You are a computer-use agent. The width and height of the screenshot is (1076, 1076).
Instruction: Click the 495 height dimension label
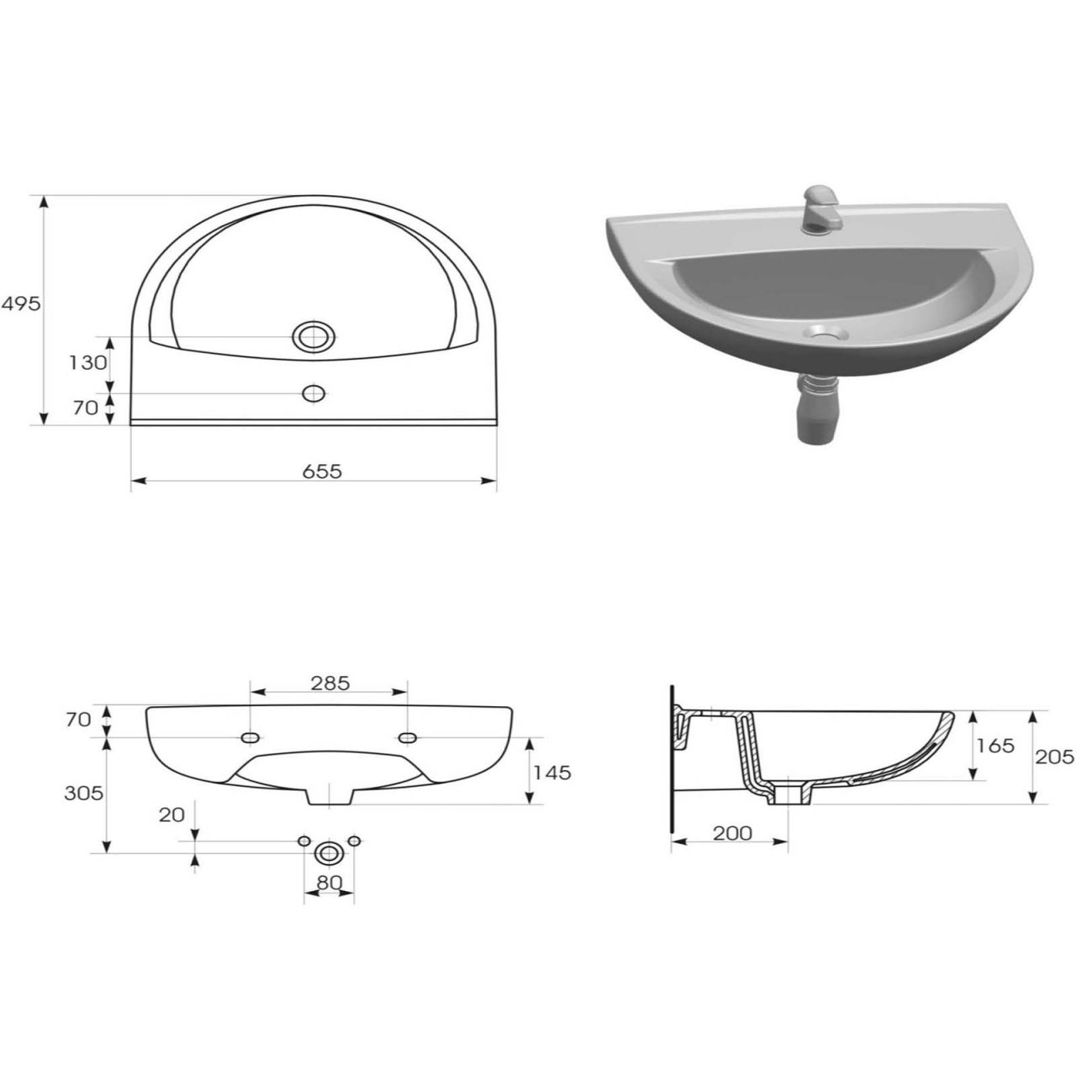tap(21, 304)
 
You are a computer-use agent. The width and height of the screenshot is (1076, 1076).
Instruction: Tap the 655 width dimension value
tap(322, 472)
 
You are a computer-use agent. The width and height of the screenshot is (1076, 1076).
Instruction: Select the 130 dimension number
tap(87, 363)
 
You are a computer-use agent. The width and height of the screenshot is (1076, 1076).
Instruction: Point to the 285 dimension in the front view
tap(330, 683)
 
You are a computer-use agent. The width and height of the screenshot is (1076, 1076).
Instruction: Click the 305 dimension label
tap(84, 794)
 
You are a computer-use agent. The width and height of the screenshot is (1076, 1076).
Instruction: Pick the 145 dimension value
tap(552, 773)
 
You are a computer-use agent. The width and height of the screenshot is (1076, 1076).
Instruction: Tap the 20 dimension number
tap(171, 815)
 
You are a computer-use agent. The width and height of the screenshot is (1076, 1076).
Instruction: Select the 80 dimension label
tap(329, 883)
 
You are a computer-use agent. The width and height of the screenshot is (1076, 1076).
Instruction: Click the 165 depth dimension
tap(995, 746)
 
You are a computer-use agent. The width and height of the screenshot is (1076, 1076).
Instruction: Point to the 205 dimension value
tap(1055, 757)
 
